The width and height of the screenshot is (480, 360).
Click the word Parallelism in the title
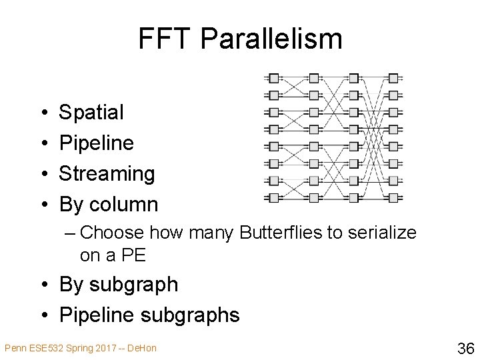tap(271, 39)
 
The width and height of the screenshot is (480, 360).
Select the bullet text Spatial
tap(91, 112)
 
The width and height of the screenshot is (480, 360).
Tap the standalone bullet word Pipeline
tap(97, 143)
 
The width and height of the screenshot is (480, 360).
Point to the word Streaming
tap(107, 173)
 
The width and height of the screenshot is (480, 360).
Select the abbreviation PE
tap(133, 255)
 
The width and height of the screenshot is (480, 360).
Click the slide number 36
tap(465, 347)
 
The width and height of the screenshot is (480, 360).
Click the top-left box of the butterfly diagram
tap(273, 78)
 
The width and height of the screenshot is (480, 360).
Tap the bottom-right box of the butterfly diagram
tap(393, 197)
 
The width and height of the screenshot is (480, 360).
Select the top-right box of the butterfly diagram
tap(393, 78)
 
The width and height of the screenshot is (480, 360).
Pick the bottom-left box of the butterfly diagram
tap(273, 197)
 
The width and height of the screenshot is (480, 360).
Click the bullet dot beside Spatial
tap(43, 113)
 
